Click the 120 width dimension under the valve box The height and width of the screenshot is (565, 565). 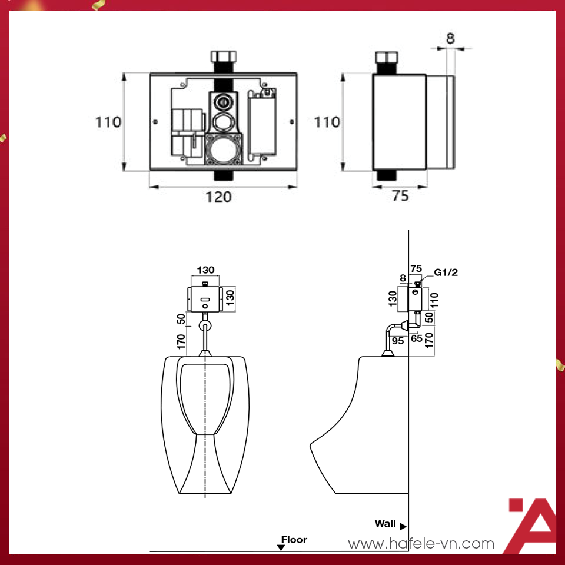coord(219,197)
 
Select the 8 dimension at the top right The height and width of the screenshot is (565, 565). coord(450,39)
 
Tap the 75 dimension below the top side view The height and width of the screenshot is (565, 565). coord(400,197)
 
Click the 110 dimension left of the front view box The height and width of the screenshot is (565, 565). coord(109,122)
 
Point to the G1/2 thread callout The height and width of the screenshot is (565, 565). coord(446,272)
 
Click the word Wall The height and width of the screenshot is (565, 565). coord(385,523)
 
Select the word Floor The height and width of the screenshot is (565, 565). coord(294,539)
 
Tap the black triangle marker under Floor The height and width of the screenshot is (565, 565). coord(281,547)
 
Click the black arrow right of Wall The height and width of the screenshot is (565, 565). coord(404,526)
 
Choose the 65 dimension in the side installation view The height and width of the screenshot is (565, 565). coord(417,339)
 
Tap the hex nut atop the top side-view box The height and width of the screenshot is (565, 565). coord(386,59)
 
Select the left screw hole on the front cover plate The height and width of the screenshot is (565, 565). coord(155,122)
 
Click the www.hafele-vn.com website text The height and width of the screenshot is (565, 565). coord(421,544)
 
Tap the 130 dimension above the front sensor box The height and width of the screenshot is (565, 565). coord(205,270)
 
